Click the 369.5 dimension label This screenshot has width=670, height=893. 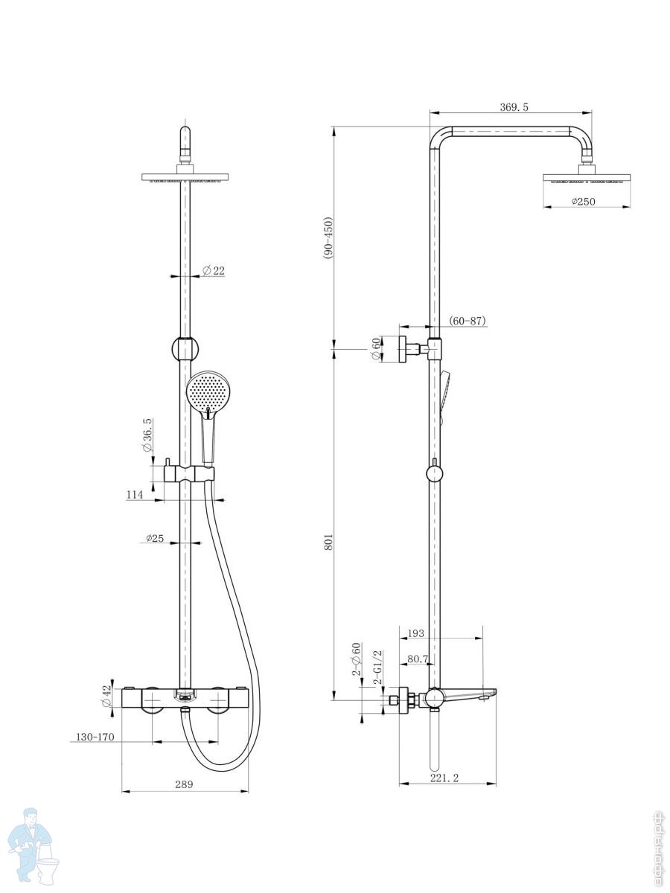coord(514,107)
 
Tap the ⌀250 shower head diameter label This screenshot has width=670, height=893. coord(583,202)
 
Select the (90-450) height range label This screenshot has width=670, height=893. coord(328,238)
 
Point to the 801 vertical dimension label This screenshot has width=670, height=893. coord(328,542)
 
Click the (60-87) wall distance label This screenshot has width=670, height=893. coord(468,321)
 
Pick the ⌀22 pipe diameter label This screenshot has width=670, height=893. coord(214,271)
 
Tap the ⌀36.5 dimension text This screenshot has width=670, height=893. coord(147,435)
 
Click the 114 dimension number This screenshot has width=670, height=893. coord(135,494)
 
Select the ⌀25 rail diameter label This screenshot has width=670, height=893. coord(155,538)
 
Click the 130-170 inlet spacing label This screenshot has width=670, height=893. coord(95,737)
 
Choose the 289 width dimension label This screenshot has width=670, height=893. coord(184,784)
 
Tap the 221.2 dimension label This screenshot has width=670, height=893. coord(444,778)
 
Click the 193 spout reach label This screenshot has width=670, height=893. coord(415,633)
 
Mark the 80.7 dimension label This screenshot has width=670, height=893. coord(418,659)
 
